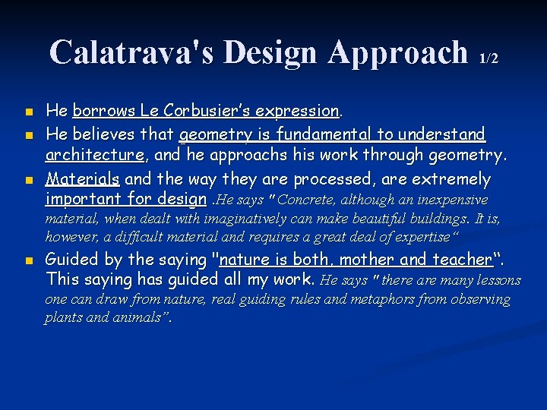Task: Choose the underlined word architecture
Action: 94,156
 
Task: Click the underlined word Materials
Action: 82,179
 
